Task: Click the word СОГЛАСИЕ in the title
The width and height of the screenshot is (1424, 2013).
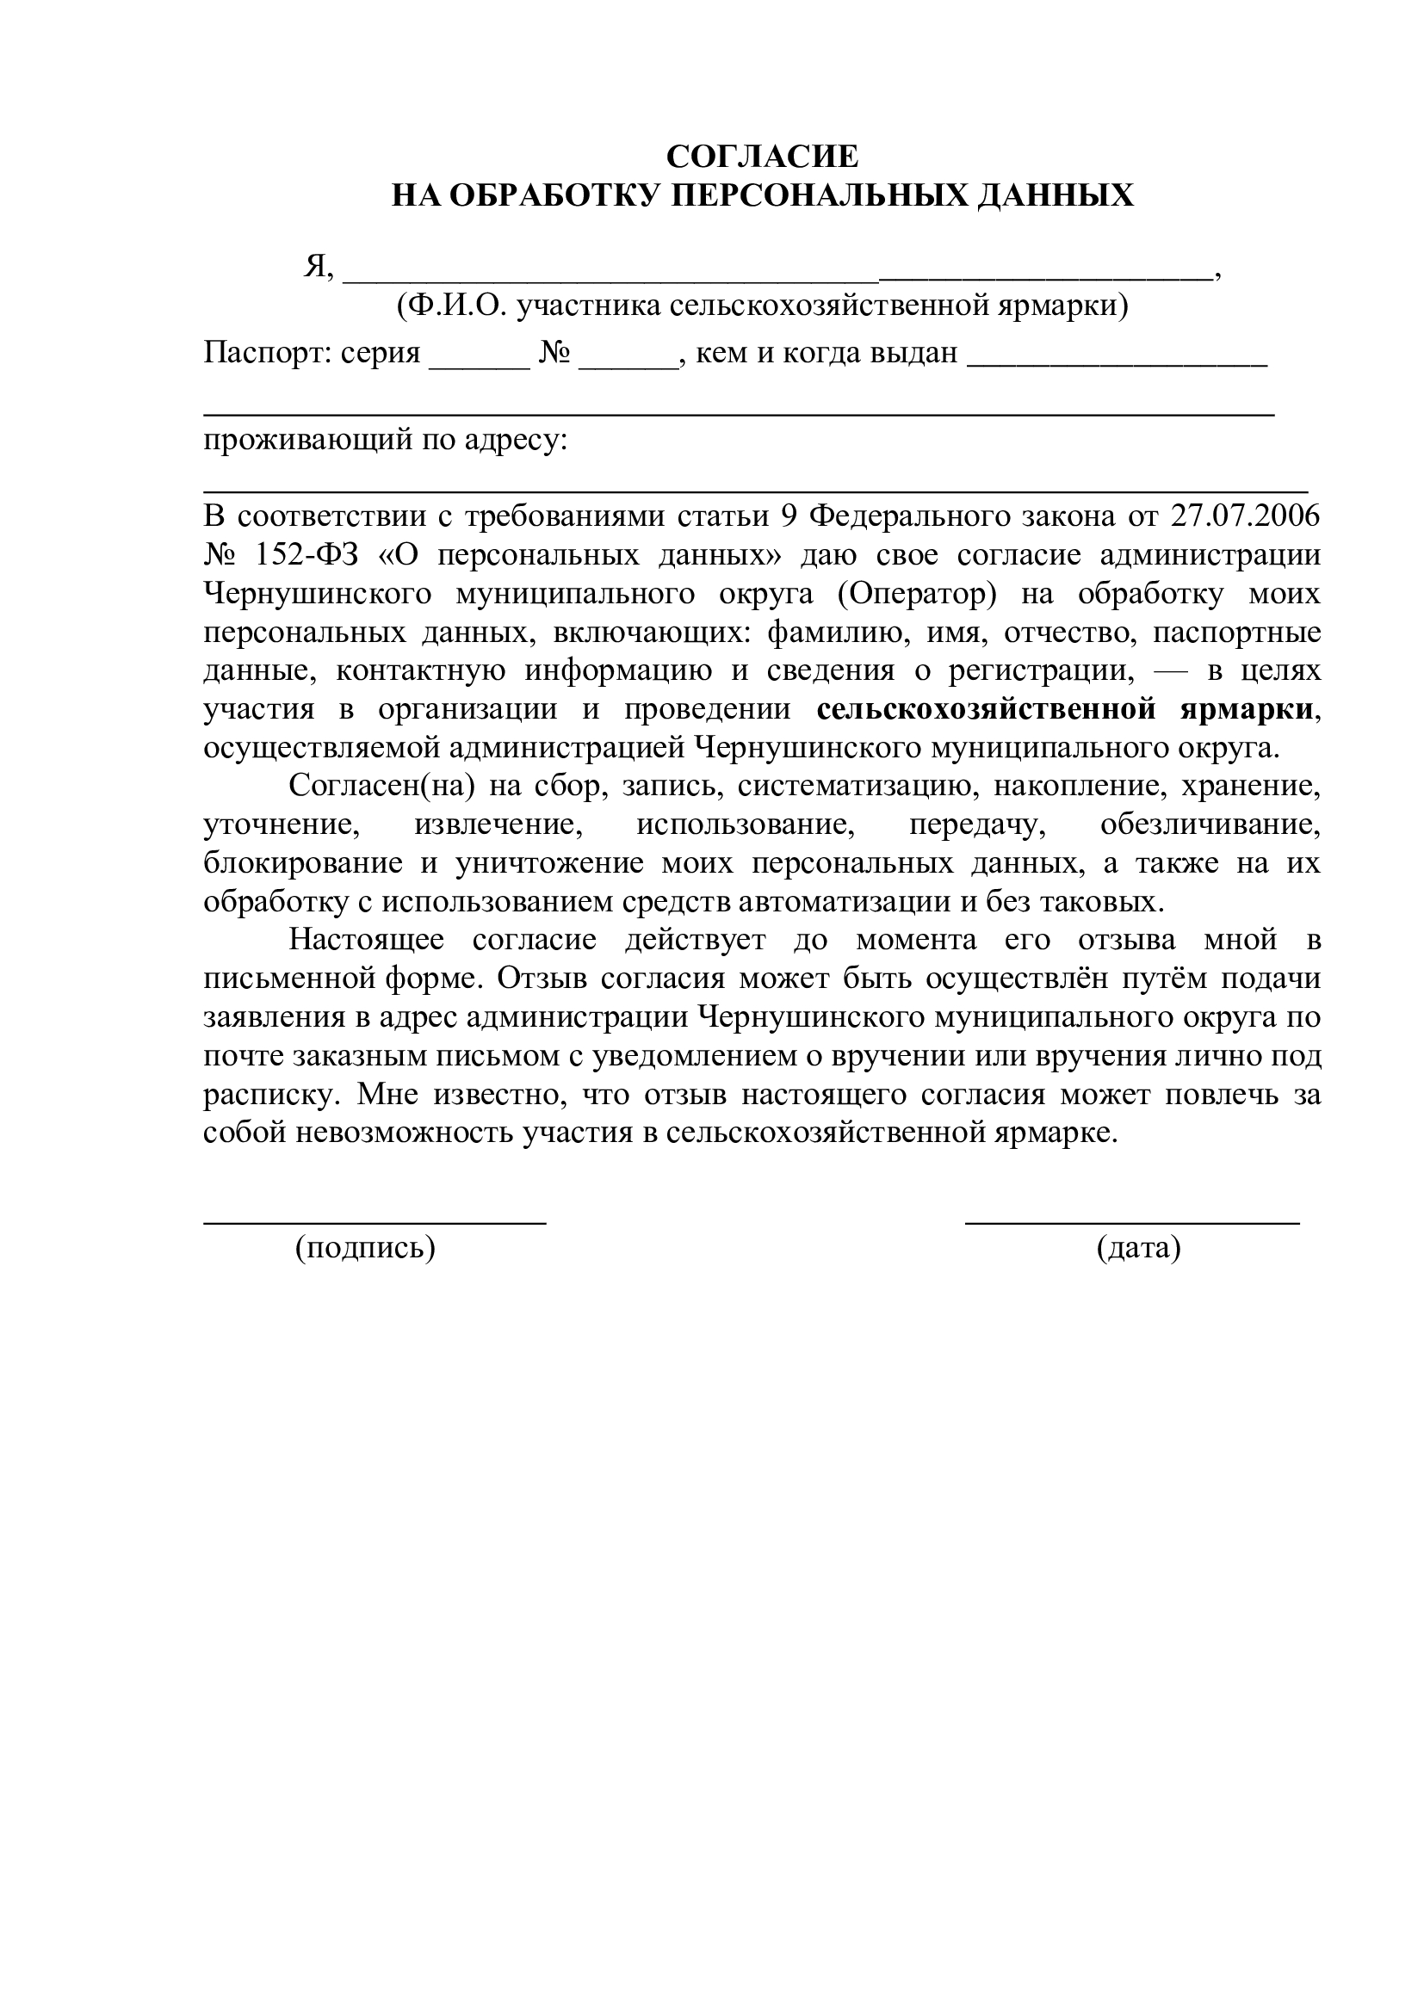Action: (762, 157)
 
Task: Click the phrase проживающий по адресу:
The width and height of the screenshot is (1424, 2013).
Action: (386, 438)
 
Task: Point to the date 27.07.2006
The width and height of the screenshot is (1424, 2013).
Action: (1245, 516)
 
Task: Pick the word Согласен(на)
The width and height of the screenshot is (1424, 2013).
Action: (381, 787)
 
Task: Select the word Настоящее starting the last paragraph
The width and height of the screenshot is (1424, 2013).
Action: (367, 941)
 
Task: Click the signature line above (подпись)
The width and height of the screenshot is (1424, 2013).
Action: (375, 1220)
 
